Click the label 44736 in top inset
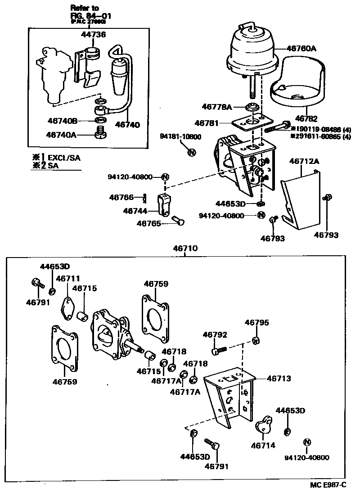pyautogui.click(x=94, y=34)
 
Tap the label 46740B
pyautogui.click(x=63, y=120)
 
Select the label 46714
pyautogui.click(x=263, y=445)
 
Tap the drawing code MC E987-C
pyautogui.click(x=328, y=484)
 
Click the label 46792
pyautogui.click(x=215, y=335)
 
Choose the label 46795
pyautogui.click(x=256, y=322)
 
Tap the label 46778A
pyautogui.click(x=217, y=107)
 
